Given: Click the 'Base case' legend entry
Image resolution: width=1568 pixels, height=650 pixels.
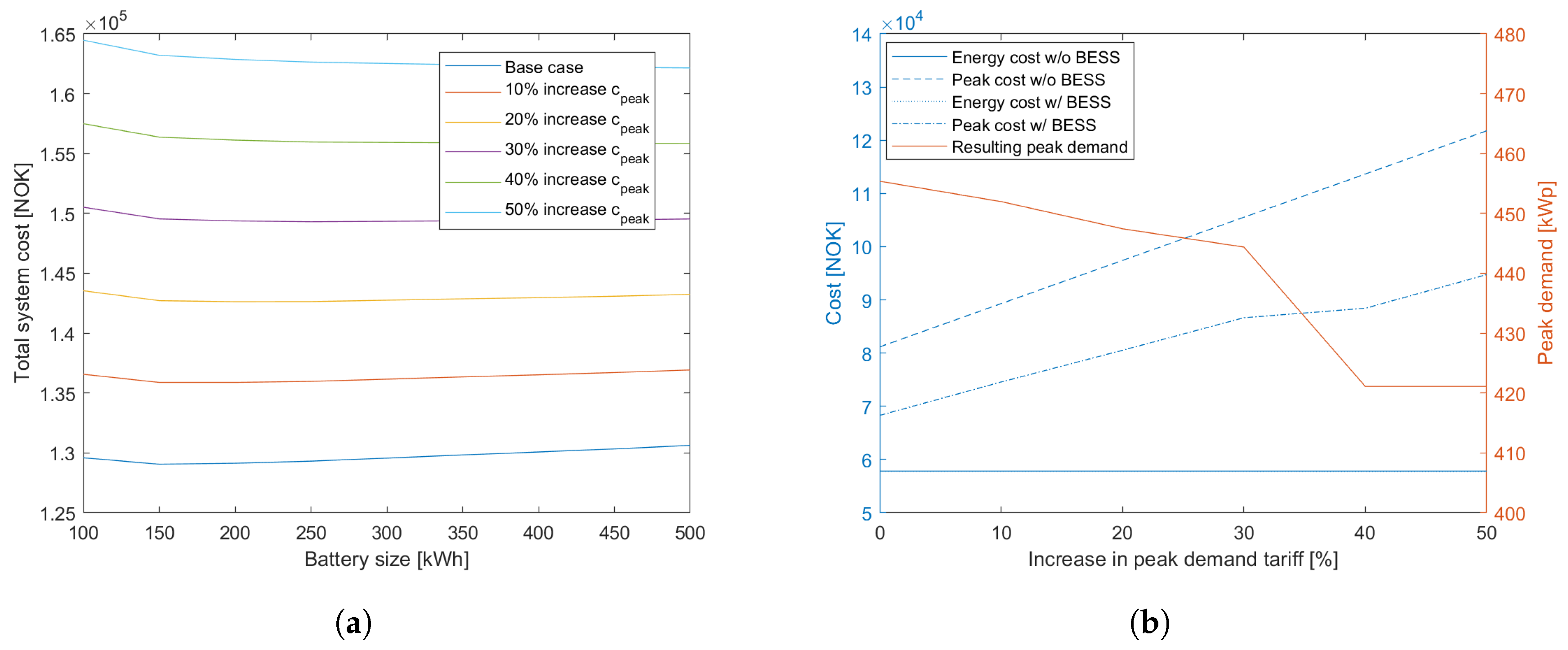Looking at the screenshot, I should coord(544,67).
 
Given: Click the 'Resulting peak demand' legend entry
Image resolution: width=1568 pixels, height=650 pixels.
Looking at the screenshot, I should coord(1039,147).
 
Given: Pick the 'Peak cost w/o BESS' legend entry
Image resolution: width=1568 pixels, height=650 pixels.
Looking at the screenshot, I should coord(1027,80).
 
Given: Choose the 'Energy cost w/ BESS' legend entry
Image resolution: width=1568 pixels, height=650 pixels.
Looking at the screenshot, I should coord(1031,102).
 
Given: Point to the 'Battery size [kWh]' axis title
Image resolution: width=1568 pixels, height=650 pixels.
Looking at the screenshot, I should coord(387,559).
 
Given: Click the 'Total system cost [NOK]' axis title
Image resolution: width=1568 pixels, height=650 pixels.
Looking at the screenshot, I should coord(22,273).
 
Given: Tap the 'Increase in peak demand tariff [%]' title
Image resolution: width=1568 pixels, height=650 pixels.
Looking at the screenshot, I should coord(1183,559).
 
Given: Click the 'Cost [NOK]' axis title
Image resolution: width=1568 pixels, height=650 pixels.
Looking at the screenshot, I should coord(833,273).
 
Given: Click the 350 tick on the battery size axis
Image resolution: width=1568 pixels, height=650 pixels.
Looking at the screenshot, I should coord(463,533).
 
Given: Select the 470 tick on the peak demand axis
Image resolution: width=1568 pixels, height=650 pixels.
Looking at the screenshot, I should coord(1510,95).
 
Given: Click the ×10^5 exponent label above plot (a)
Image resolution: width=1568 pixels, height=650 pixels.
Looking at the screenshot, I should coord(106,22).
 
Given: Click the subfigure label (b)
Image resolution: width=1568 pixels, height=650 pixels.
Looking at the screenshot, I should coord(1149,623).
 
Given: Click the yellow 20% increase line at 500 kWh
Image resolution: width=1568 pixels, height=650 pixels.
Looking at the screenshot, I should coord(689,294).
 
